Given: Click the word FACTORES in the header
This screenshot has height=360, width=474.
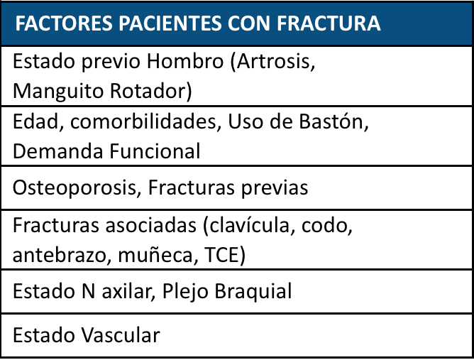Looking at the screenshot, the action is (x=64, y=23).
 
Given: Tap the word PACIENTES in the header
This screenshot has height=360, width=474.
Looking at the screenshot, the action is (x=170, y=23).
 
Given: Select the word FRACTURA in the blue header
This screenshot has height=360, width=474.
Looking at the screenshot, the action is (x=329, y=23).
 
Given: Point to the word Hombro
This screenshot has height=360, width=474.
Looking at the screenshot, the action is (x=185, y=61).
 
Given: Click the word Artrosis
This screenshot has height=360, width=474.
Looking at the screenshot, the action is (x=272, y=62).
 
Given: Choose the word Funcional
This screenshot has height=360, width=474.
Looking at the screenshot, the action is (x=155, y=151).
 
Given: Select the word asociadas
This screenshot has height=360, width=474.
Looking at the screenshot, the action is (x=150, y=226).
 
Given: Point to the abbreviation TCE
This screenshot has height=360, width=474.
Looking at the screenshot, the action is (x=225, y=256).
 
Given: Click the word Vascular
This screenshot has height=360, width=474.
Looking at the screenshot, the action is (x=121, y=335).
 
